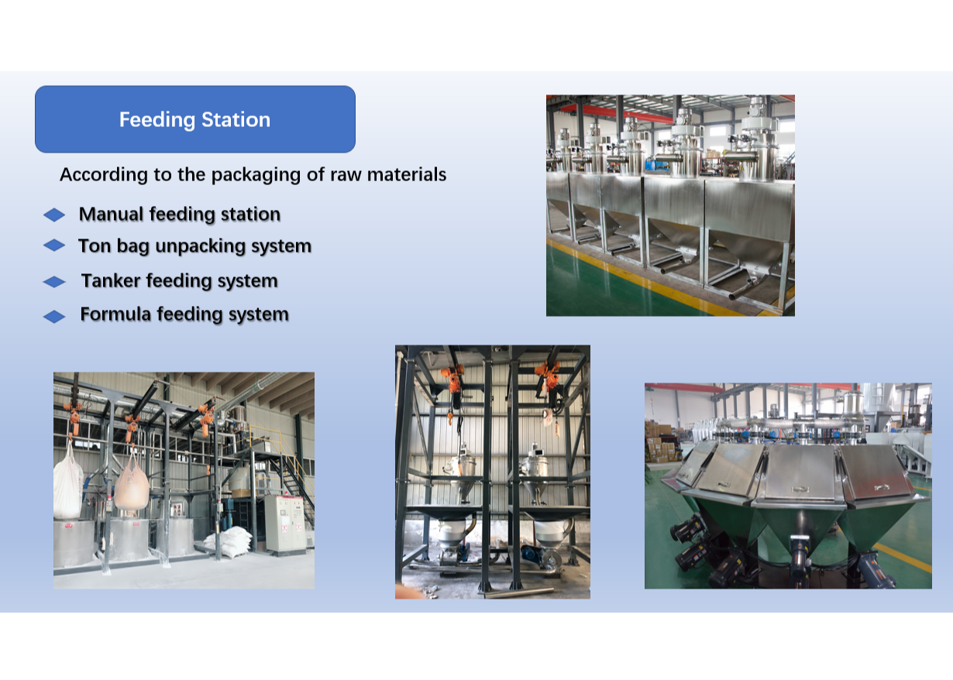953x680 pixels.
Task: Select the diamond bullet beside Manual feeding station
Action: (54, 215)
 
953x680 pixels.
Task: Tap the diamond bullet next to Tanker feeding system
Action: (54, 282)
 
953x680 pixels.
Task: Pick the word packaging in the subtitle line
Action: (237, 175)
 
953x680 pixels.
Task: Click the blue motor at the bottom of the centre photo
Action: (532, 555)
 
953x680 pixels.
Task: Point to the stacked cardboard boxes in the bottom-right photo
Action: (659, 441)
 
